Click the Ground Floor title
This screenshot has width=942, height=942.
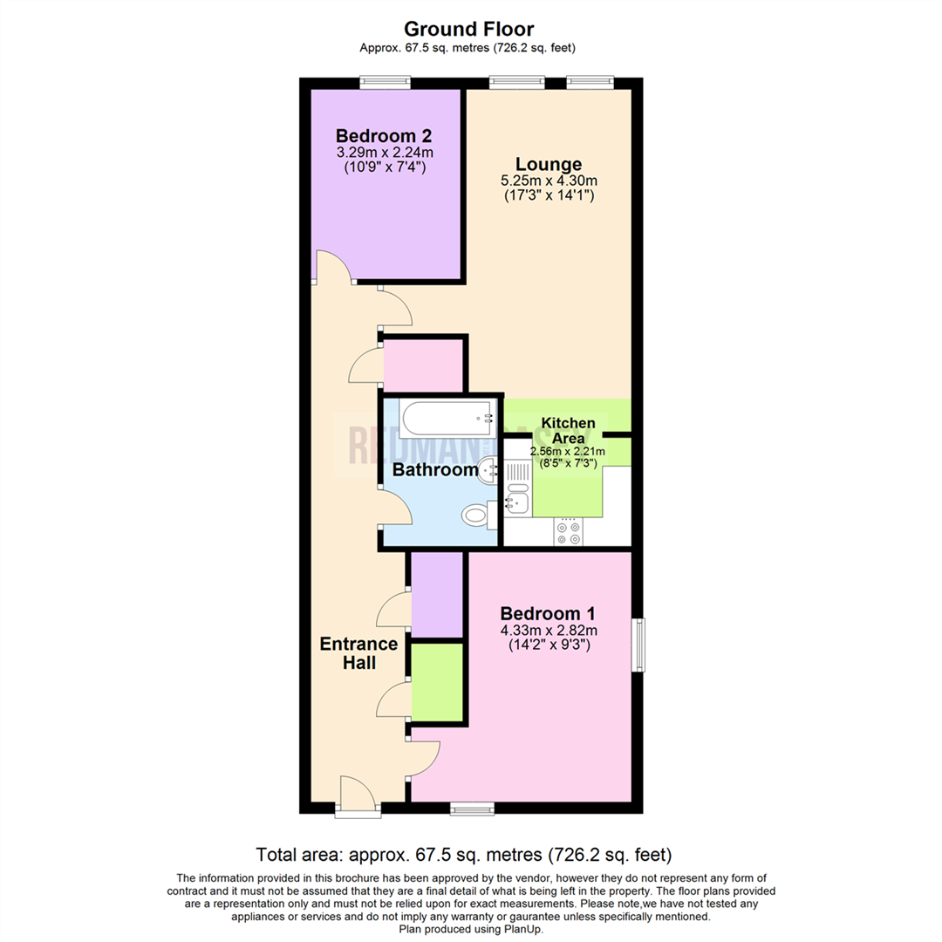(x=471, y=30)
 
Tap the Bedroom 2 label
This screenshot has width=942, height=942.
(x=384, y=137)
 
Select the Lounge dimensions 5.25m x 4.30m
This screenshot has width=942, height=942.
(x=548, y=181)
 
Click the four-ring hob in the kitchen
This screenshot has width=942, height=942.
(x=569, y=532)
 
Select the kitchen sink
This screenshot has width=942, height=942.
(x=516, y=502)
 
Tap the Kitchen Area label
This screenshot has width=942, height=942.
(x=569, y=429)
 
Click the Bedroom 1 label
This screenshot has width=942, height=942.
(x=548, y=613)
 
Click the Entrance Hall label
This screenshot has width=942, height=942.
(x=358, y=653)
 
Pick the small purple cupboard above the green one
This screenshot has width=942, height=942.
(x=436, y=594)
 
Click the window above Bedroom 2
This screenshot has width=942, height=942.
(x=386, y=83)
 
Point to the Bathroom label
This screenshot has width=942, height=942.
(x=433, y=470)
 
